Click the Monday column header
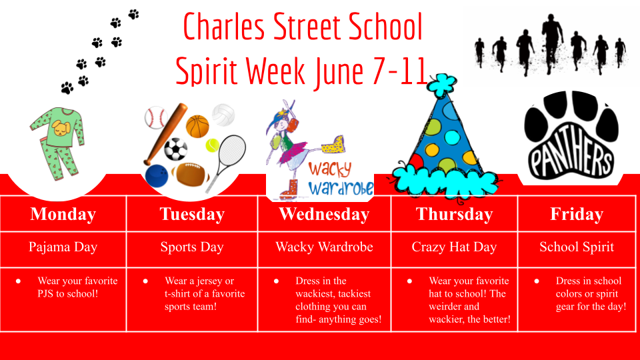point(63,214)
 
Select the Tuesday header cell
point(192,214)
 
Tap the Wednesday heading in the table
point(324,214)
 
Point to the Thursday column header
point(454,214)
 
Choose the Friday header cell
point(577,214)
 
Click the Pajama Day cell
point(63,247)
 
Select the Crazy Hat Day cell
point(454,247)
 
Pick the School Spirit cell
point(577,247)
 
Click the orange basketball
point(197,125)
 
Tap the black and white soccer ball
point(176,149)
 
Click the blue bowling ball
point(157,176)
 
